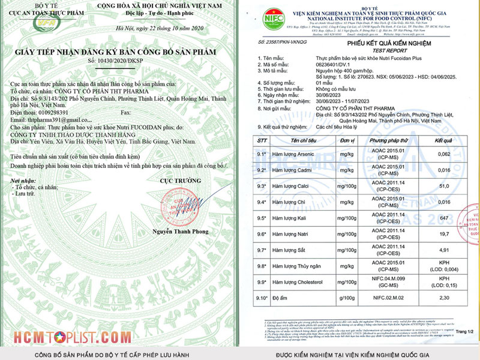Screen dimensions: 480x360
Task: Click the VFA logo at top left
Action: (x=26, y=23)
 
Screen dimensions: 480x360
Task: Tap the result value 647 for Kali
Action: (x=443, y=218)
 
